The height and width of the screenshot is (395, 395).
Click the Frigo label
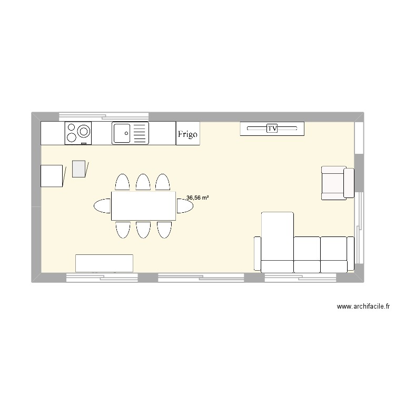(x=187, y=134)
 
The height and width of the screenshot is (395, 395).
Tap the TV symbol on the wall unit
(x=272, y=128)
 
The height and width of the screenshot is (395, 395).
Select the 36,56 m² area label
(x=197, y=197)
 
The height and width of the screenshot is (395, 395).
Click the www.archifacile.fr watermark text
(x=363, y=307)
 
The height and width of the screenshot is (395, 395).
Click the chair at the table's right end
(x=185, y=206)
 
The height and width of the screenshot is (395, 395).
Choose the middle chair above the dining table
(x=143, y=182)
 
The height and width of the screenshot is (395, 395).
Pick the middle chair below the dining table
(x=143, y=230)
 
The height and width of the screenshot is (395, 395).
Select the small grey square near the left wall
(x=79, y=169)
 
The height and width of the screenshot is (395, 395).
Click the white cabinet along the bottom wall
(x=104, y=263)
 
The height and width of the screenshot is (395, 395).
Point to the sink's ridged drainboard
(x=140, y=133)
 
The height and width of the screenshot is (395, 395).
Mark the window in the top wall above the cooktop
(x=104, y=116)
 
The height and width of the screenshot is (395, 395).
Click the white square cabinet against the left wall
(x=52, y=175)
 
